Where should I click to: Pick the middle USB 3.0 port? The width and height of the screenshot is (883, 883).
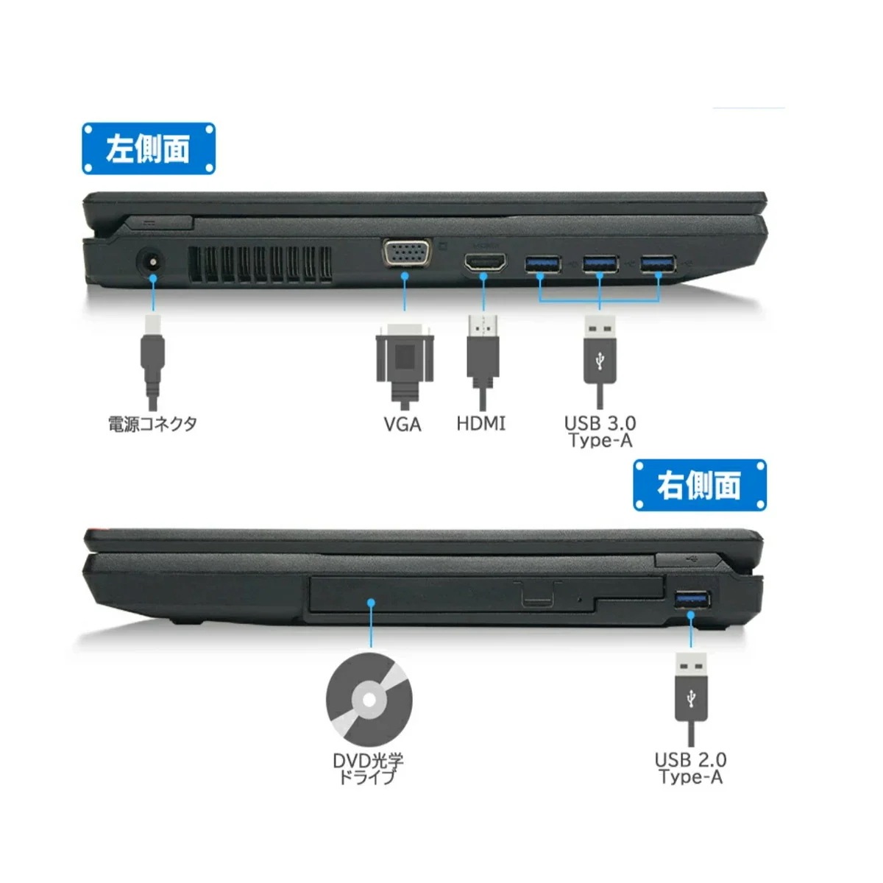pos(600,263)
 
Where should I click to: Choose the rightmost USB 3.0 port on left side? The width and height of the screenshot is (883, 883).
pos(658,263)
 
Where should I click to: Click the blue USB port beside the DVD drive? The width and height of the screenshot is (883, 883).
pos(692,600)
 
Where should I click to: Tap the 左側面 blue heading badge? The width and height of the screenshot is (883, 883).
pos(149,149)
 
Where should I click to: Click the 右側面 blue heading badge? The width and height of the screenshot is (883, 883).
pos(700,486)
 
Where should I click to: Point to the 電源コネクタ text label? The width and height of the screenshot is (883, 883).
pos(152,424)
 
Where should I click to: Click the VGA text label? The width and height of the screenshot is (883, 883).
pos(403,425)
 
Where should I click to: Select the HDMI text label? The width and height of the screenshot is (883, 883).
pos(481,424)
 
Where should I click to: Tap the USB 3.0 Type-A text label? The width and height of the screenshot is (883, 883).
pos(600,432)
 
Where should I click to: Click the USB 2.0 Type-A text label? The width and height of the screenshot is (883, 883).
pos(691,768)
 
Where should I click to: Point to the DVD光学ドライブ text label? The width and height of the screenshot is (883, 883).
pos(368,768)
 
